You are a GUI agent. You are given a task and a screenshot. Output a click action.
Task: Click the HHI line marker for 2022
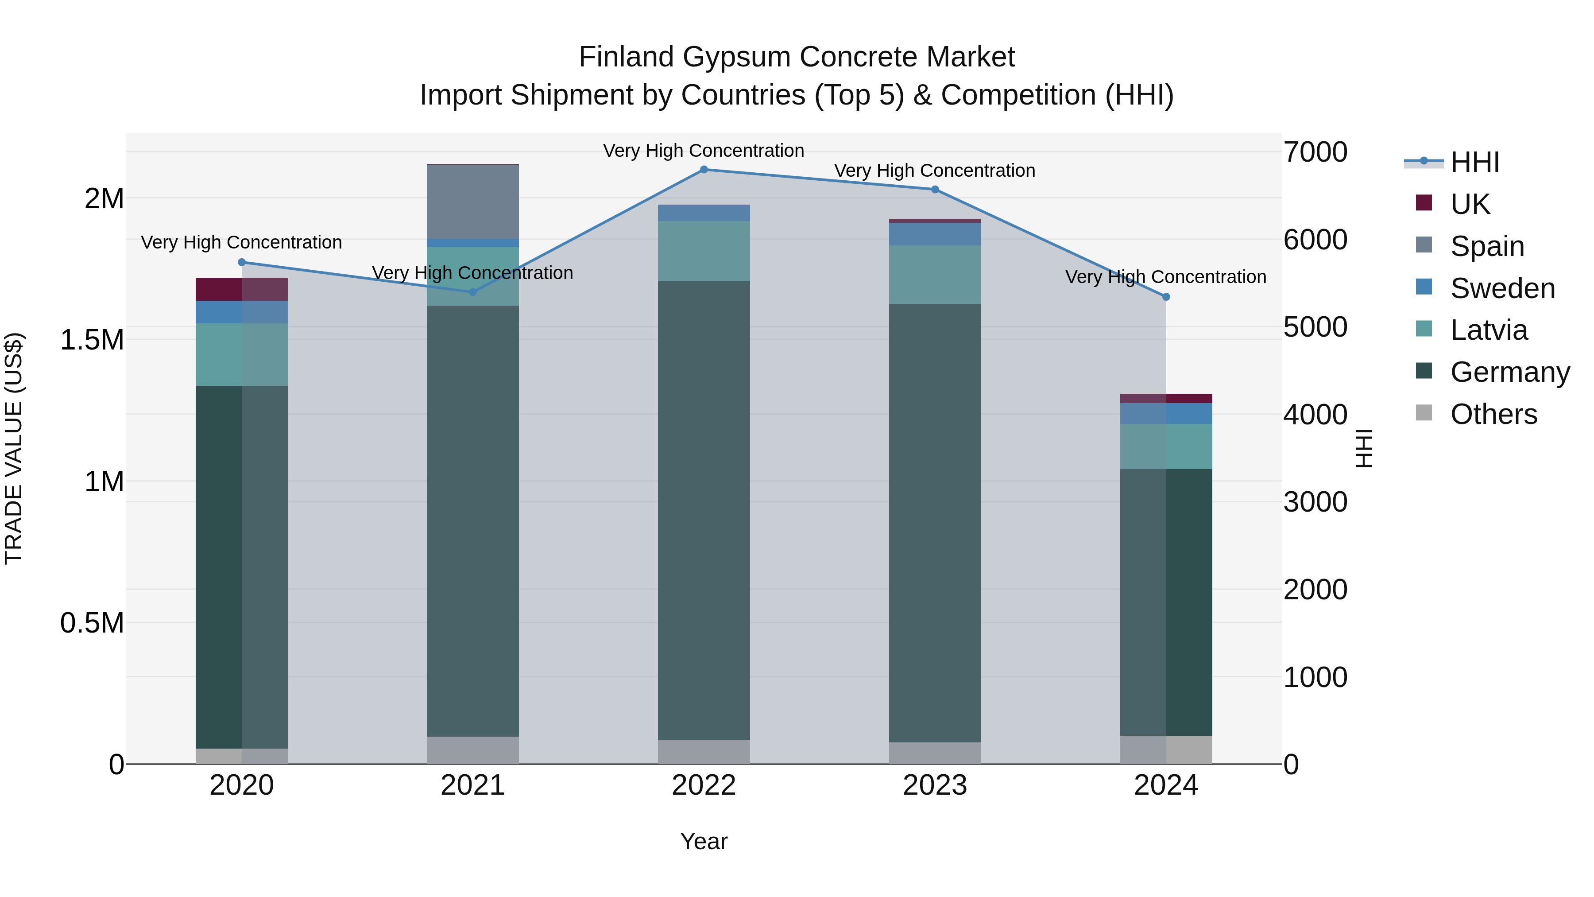(704, 170)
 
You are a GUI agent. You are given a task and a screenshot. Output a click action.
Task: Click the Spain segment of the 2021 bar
(473, 202)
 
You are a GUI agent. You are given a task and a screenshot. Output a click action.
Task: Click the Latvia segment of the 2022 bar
(704, 251)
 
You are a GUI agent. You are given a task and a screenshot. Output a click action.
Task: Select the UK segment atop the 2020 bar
(241, 289)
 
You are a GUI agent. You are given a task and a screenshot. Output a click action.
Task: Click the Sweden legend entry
(1502, 288)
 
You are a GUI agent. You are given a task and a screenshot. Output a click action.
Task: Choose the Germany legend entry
(1509, 372)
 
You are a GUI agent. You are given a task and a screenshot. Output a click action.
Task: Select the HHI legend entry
(1474, 162)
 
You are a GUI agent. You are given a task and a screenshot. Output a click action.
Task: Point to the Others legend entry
(1493, 414)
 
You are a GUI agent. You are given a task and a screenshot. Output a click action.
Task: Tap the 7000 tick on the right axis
(1315, 152)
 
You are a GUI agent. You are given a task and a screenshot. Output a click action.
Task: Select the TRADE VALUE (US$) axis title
(14, 448)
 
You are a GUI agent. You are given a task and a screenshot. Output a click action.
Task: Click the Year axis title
(704, 841)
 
